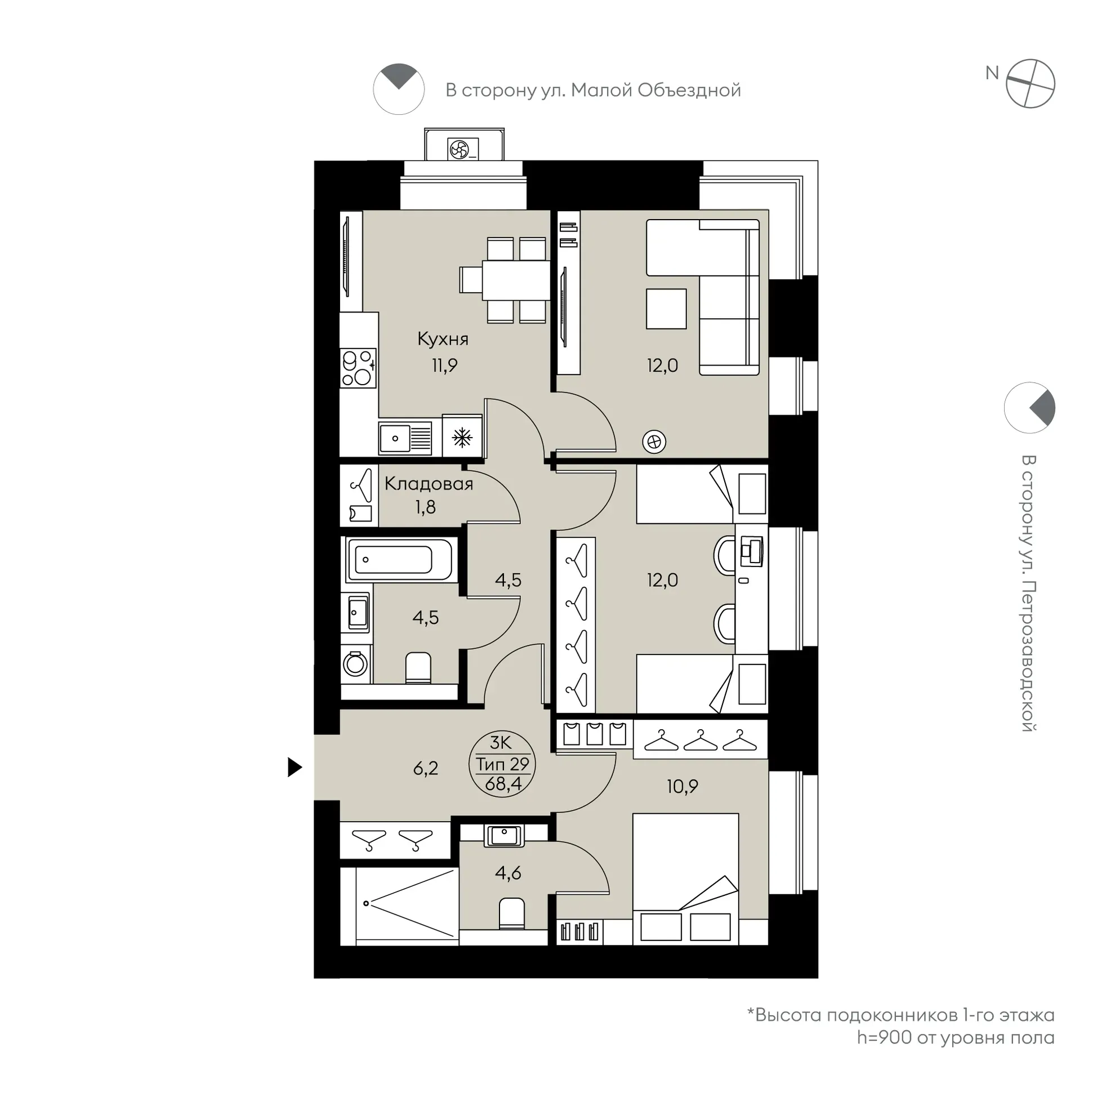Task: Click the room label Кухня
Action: [x=443, y=340]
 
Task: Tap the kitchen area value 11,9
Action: [x=444, y=365]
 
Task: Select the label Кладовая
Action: [x=429, y=483]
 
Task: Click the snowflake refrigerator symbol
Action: [x=462, y=438]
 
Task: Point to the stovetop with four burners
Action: [x=358, y=368]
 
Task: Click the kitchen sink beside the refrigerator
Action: [x=405, y=438]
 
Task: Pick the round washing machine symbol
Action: [x=355, y=664]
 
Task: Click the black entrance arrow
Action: [x=295, y=768]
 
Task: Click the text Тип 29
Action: [x=503, y=764]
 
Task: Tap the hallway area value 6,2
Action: [x=426, y=768]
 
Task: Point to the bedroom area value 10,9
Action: [x=682, y=786]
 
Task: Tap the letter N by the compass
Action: [x=992, y=73]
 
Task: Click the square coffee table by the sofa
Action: [x=667, y=309]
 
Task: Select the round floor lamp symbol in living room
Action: [x=654, y=442]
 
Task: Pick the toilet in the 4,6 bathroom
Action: [x=512, y=913]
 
